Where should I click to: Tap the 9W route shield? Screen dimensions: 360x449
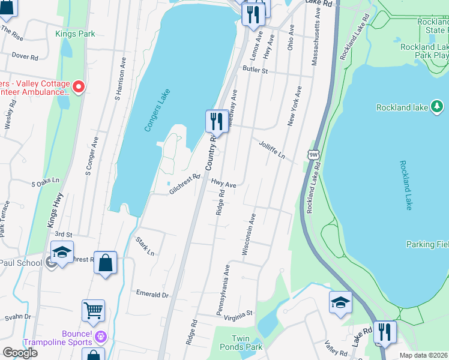point(313,154)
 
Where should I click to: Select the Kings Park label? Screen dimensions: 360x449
point(75,34)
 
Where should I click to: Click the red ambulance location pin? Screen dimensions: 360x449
point(78,88)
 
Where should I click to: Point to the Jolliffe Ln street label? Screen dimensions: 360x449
point(271,151)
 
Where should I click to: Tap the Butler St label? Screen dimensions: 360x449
point(255,70)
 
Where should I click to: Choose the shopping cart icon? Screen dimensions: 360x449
point(93,310)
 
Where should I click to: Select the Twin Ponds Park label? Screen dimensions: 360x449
point(247,343)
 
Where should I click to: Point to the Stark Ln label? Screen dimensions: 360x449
point(145,247)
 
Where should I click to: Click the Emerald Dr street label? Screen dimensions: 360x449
point(152,295)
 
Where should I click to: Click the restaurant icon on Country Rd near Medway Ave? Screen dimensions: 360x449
point(217,122)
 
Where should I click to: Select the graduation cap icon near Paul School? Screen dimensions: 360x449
point(62,252)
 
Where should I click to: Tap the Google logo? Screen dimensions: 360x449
point(20,353)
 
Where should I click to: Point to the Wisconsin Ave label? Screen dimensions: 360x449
point(249,234)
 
